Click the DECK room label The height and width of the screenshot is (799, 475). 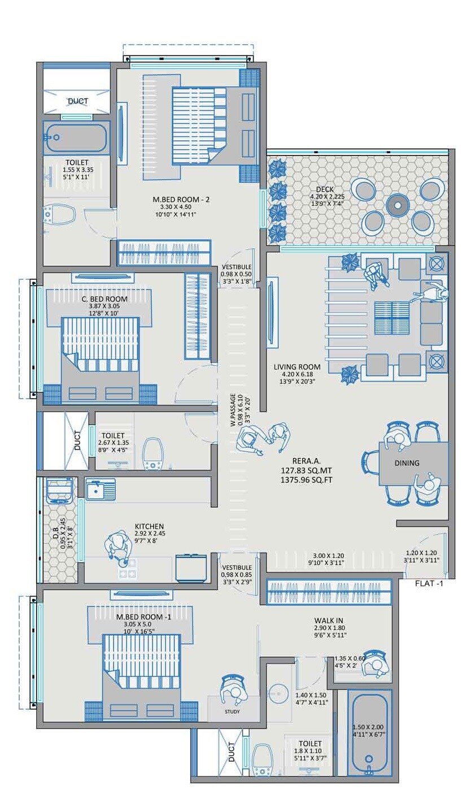tap(325, 189)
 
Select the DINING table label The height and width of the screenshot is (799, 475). tap(407, 463)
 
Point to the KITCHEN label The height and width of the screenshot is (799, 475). tap(149, 526)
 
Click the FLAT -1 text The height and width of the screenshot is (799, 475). tap(429, 584)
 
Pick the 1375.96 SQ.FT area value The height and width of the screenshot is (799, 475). tap(306, 480)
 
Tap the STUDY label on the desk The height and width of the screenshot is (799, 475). tap(232, 711)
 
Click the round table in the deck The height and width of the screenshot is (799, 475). tap(398, 203)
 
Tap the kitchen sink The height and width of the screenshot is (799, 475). tap(100, 489)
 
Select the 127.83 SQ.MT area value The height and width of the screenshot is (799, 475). tap(306, 470)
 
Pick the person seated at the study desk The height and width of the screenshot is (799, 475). tap(232, 689)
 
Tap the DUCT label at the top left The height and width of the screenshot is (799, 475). tap(77, 101)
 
